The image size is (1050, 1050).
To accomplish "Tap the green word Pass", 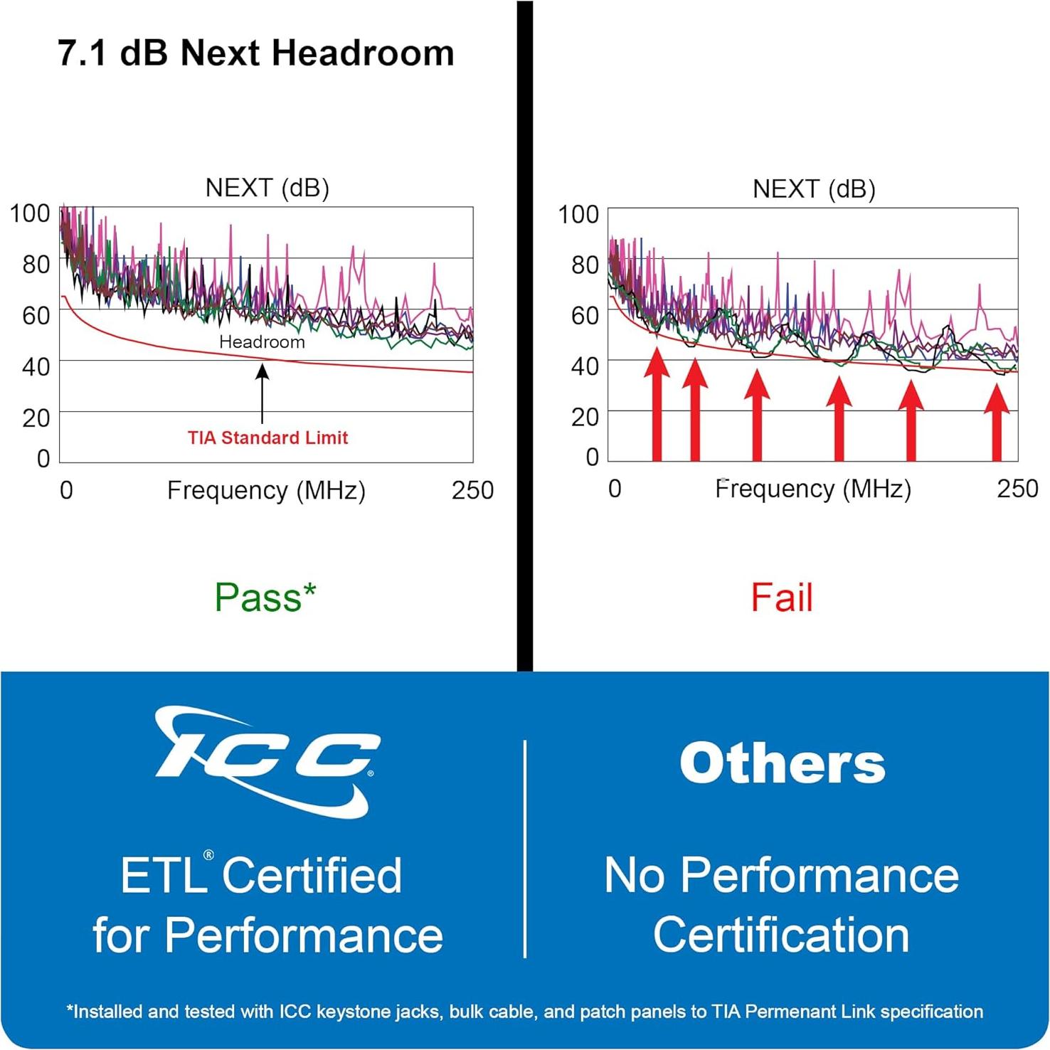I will tap(258, 598).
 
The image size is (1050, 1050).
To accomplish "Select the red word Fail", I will tap(782, 598).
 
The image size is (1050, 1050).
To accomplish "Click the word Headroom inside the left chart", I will tap(262, 342).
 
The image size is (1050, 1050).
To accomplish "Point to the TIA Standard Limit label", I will tap(268, 437).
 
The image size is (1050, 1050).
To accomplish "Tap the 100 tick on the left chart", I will tap(30, 213).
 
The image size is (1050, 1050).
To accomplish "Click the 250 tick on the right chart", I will tap(1017, 489).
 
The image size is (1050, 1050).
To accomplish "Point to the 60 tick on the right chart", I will tap(585, 315).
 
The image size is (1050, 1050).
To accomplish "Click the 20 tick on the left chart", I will tap(36, 418).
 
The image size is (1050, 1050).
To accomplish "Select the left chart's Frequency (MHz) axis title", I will tap(266, 491).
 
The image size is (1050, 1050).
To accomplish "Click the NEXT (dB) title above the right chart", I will tap(814, 189).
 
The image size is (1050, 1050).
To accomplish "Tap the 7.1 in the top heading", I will tap(81, 53).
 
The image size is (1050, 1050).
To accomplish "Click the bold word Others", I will tap(782, 763).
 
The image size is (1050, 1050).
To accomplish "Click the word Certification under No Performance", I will tap(781, 935).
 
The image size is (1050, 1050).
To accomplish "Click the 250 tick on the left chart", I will tap(472, 490).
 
